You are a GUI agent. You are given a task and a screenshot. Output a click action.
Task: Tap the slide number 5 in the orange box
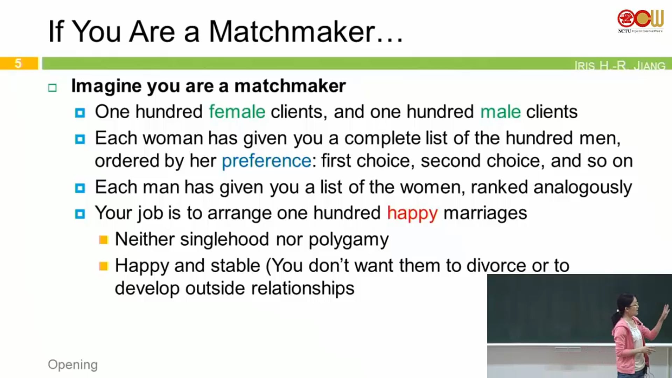tap(18, 63)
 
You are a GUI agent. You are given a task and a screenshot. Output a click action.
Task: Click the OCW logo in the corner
tap(640, 21)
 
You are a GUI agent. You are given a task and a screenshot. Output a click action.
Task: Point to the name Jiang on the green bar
tap(649, 65)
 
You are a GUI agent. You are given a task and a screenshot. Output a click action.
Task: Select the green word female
tap(237, 112)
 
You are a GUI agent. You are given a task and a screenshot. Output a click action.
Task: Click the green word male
tap(500, 112)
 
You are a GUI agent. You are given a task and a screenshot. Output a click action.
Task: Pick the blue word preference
tap(266, 161)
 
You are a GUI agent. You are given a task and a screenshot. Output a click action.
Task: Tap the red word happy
tap(412, 213)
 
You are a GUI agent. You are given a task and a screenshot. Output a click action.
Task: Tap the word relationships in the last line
tap(303, 289)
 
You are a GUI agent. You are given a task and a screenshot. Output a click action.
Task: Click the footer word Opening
tap(73, 365)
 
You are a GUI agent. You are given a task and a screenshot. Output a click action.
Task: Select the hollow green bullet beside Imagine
tap(52, 87)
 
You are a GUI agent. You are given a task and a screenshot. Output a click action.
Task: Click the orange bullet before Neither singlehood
tap(104, 240)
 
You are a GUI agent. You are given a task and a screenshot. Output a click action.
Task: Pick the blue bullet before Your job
tap(80, 214)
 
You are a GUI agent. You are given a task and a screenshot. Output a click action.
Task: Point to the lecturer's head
tap(627, 304)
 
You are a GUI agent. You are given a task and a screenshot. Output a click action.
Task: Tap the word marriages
tap(485, 213)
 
